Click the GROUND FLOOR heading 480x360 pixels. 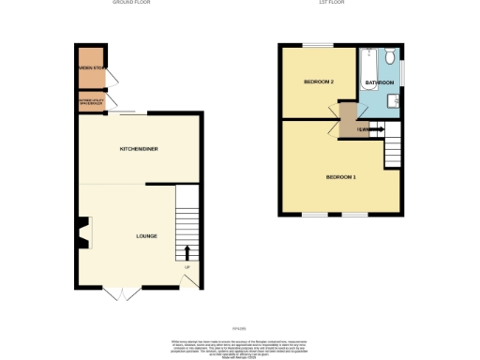pyautogui.click(x=130, y=3)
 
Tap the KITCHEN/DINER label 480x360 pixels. pyautogui.click(x=137, y=150)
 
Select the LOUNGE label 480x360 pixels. pyautogui.click(x=145, y=235)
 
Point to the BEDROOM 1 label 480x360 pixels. pyautogui.click(x=340, y=177)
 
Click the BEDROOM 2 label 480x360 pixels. pyautogui.click(x=319, y=82)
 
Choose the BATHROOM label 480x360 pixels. pyautogui.click(x=379, y=83)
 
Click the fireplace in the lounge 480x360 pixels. pyautogui.click(x=83, y=232)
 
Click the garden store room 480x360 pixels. pyautogui.click(x=91, y=67)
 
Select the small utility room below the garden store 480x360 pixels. pyautogui.click(x=91, y=101)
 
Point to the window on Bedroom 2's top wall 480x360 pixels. pyautogui.click(x=318, y=46)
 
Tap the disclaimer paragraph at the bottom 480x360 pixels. pyautogui.click(x=239, y=343)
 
